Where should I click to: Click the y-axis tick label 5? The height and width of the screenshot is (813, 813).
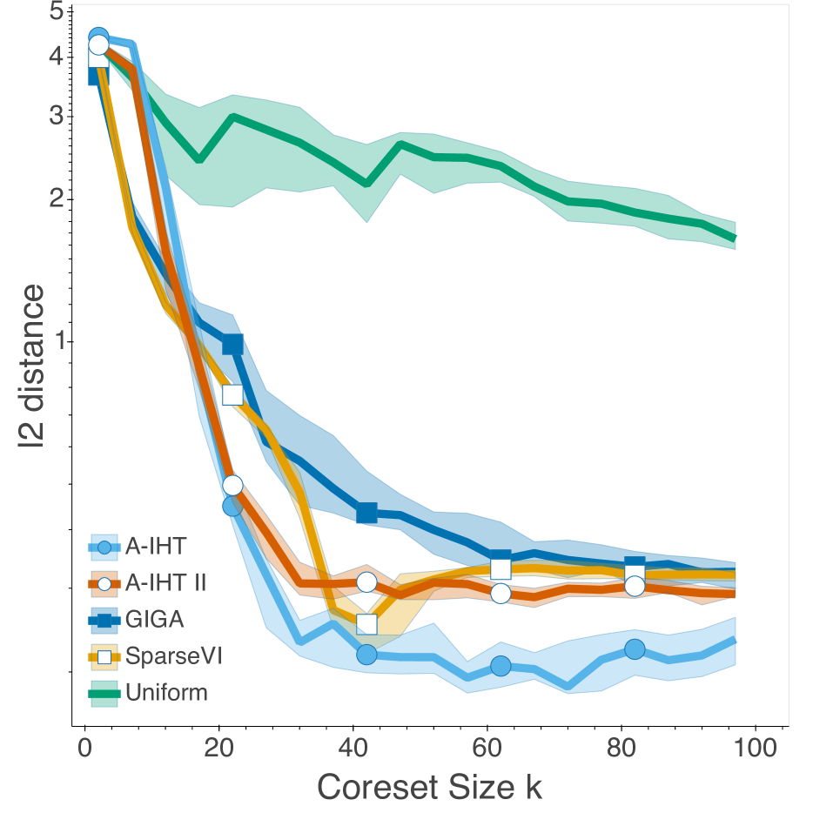coord(57,13)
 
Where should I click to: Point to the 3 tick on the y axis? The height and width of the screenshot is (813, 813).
coord(57,116)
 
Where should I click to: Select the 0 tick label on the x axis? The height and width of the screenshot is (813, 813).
coord(84,749)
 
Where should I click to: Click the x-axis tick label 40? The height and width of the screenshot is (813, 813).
coord(353,749)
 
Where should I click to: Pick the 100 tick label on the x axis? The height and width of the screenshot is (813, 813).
coord(755,749)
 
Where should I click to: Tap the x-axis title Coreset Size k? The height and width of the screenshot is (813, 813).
coord(429,787)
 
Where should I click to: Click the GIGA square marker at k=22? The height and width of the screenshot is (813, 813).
coord(232,345)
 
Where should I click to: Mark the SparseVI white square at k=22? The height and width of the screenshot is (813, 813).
coord(232,395)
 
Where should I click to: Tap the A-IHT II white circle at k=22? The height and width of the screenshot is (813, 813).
coord(232,485)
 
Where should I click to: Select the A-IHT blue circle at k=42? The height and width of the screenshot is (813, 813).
coord(366,654)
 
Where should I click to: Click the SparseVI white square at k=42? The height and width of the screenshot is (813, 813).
coord(366,624)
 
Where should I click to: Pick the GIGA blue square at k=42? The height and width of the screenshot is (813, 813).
coord(366,513)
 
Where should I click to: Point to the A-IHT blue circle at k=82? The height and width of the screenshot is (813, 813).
coord(635,649)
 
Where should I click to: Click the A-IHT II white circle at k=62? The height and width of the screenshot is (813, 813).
coord(501,594)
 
